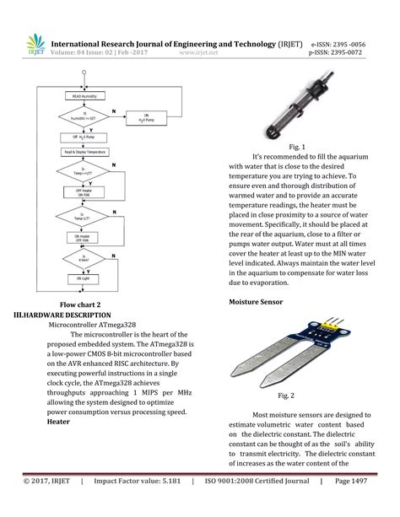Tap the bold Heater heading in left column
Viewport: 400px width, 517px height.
(x=58, y=421)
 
